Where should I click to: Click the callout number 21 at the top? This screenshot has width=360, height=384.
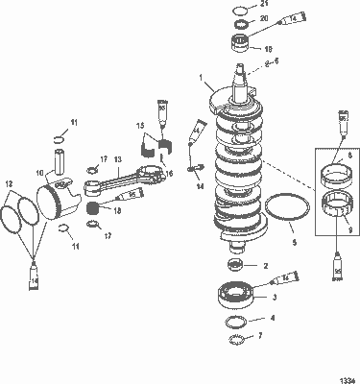pos(266,6)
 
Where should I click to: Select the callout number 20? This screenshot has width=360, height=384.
pos(265,19)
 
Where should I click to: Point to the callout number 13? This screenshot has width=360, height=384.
pos(118,160)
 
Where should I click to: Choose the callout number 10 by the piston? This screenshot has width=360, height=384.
pos(39,173)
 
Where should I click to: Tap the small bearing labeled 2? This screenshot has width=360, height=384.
pos(233,264)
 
